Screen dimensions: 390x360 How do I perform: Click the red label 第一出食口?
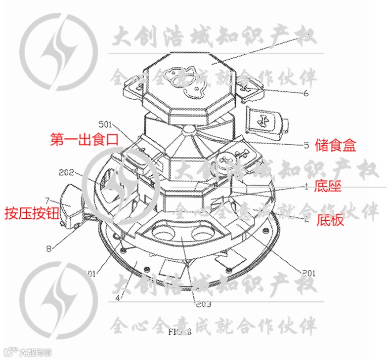85,139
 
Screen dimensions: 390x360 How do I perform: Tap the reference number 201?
308,272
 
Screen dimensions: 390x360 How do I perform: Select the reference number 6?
306,93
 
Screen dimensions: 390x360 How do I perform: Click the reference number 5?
306,145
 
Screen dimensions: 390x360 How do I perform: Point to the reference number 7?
47,201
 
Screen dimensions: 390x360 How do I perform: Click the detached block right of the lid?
268,121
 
